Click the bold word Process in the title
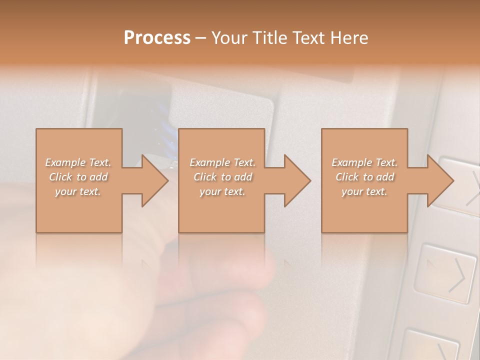point(157,38)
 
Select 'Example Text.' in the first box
point(78,162)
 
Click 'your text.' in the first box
point(78,191)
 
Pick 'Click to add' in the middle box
point(222,177)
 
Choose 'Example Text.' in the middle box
point(222,162)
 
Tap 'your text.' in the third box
point(364,191)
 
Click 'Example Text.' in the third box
point(364,162)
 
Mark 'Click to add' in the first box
point(78,177)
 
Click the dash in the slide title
point(201,38)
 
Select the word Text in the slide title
point(305,38)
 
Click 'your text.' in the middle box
point(222,191)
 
